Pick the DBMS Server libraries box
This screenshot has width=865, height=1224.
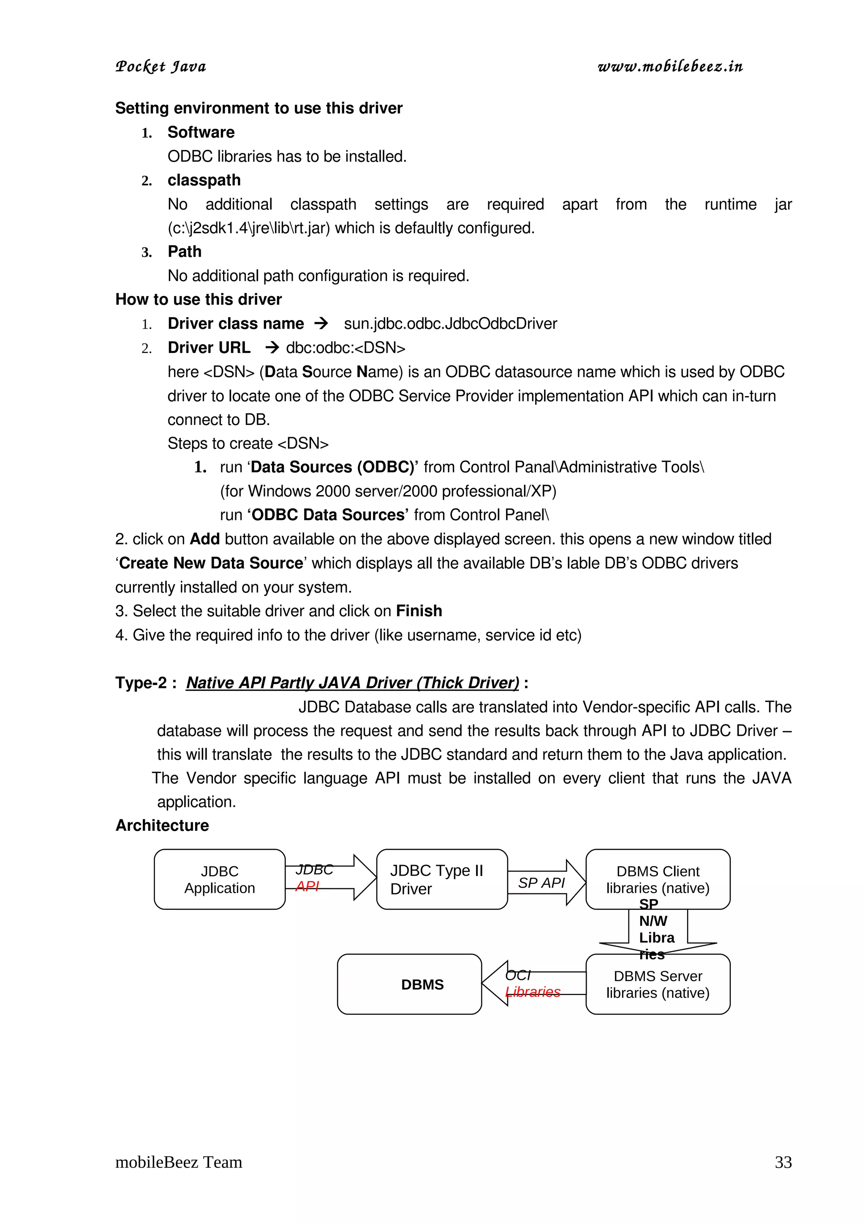coord(657,984)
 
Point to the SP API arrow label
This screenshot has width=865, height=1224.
coord(541,883)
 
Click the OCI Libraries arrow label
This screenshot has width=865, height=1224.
coord(531,984)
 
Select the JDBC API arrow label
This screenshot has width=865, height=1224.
coord(313,878)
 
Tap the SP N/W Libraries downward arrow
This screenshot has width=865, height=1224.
coord(657,930)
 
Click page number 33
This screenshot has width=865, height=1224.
coord(783,1162)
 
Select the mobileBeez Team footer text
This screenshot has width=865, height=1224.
coord(179,1162)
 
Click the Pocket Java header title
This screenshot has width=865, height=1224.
coord(160,67)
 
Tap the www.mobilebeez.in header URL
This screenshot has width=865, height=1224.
coord(670,67)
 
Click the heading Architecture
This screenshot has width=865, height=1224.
coord(162,825)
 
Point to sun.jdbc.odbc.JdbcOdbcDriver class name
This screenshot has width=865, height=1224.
coord(450,324)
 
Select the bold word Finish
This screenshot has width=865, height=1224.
coord(419,611)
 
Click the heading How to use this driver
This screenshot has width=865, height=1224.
coord(198,299)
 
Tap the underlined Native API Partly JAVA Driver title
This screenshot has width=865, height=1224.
coord(352,683)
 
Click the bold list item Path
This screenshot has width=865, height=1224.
coord(185,252)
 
